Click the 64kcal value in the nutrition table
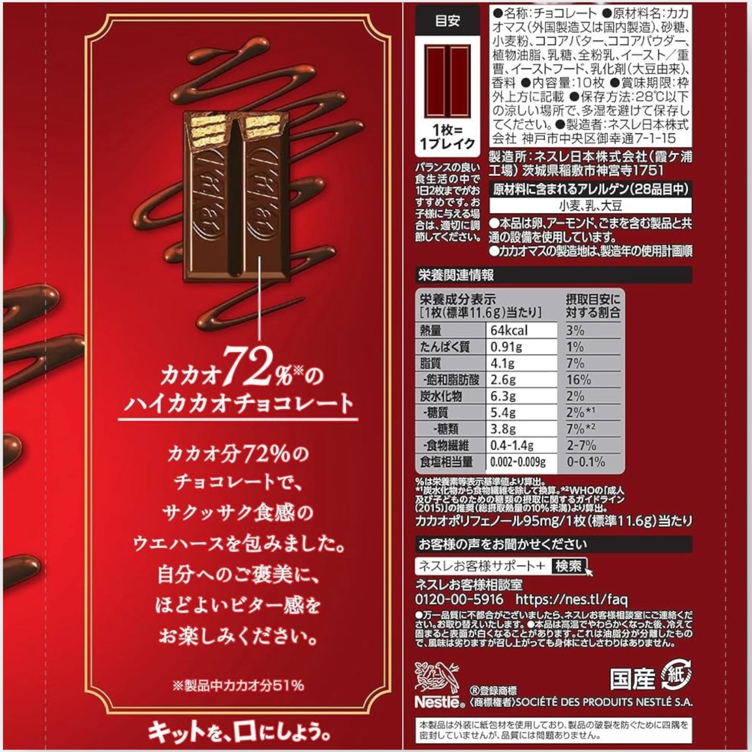pyautogui.click(x=509, y=330)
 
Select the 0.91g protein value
pyautogui.click(x=507, y=347)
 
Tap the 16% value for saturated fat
pyautogui.click(x=579, y=380)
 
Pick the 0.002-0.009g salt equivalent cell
pyautogui.click(x=518, y=462)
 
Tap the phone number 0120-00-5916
pyautogui.click(x=459, y=599)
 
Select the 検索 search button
pyautogui.click(x=568, y=566)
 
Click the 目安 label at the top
pyautogui.click(x=447, y=21)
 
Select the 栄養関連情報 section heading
pyautogui.click(x=456, y=275)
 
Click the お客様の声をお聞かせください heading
pyautogui.click(x=502, y=544)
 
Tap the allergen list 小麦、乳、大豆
pyautogui.click(x=590, y=205)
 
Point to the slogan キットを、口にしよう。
pyautogui.click(x=239, y=731)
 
